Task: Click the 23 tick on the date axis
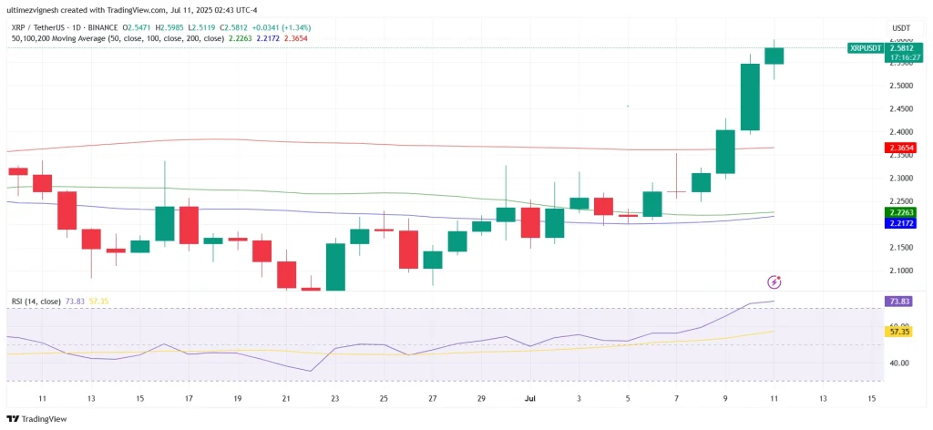click(334, 399)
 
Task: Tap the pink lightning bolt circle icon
click(774, 282)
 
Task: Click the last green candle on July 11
click(774, 56)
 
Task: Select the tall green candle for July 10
click(750, 97)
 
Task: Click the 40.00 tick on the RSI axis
click(898, 363)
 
